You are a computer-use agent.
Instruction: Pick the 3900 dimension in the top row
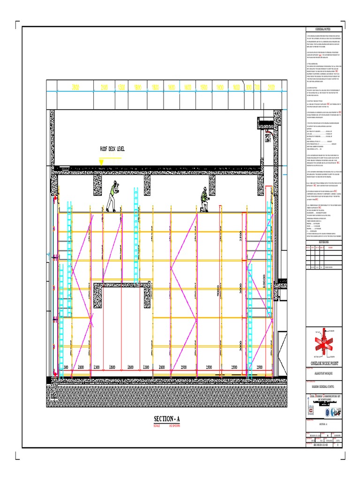pyautogui.click(x=75, y=88)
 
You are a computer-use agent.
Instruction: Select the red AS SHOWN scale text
pyautogui.click(x=172, y=426)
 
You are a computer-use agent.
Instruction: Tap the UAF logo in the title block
pyautogui.click(x=337, y=412)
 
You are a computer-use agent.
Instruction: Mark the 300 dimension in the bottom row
pyautogui.click(x=66, y=367)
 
